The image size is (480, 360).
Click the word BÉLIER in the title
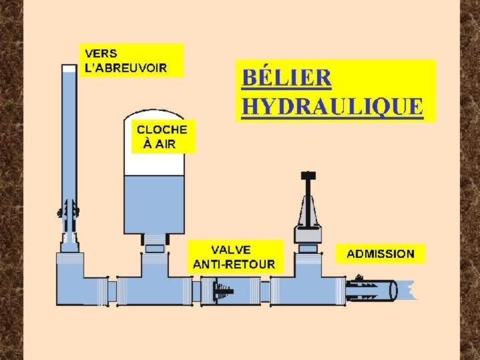(286, 77)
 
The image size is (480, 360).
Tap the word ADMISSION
(380, 254)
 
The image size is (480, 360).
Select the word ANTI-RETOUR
(234, 264)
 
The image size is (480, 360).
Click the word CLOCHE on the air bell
(162, 129)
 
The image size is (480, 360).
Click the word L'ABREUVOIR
(125, 68)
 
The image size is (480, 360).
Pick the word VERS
(99, 53)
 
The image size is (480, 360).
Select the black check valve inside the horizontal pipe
(223, 291)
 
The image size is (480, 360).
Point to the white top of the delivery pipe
(69, 68)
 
